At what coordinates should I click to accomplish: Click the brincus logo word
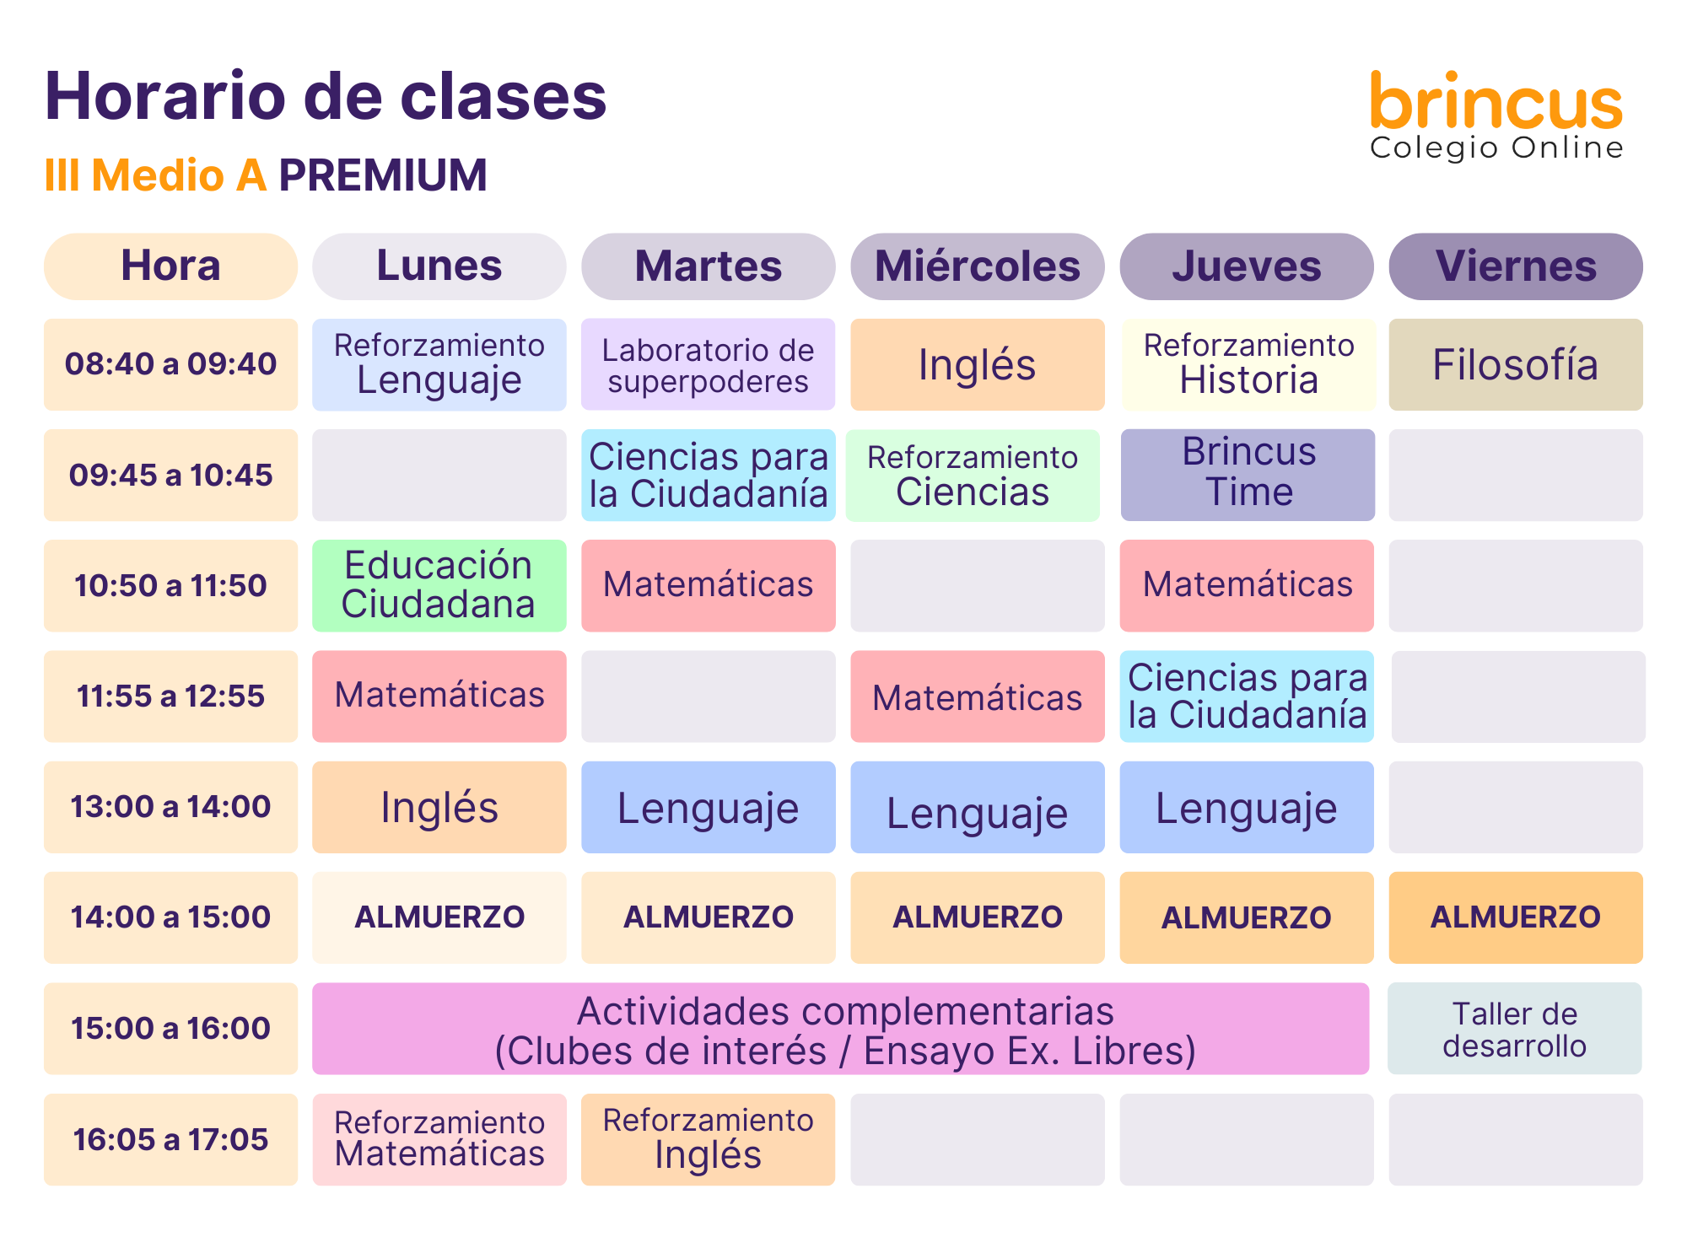(1496, 101)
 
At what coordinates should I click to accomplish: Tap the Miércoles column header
(978, 266)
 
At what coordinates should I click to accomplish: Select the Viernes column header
(1516, 266)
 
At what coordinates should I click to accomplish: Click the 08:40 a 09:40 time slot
(170, 364)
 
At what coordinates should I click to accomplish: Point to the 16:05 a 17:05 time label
(170, 1139)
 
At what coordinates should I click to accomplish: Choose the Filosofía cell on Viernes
(1516, 364)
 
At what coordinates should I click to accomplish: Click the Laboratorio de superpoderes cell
(709, 364)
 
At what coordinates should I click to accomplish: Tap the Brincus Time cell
(1248, 475)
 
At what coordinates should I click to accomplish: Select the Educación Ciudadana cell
(439, 585)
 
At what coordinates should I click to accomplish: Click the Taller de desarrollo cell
(1515, 1029)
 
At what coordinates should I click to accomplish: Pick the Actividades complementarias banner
(840, 1029)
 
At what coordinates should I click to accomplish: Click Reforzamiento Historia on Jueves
(1248, 364)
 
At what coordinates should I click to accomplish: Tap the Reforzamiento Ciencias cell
(973, 476)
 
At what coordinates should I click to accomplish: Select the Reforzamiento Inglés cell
(709, 1139)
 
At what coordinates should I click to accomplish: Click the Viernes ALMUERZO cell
(1516, 917)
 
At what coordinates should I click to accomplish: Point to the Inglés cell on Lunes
(439, 807)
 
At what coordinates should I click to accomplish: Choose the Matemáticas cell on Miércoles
(978, 696)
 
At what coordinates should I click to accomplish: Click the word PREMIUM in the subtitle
(383, 175)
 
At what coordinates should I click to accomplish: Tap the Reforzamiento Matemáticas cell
(439, 1139)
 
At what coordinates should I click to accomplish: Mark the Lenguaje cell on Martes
(709, 807)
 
